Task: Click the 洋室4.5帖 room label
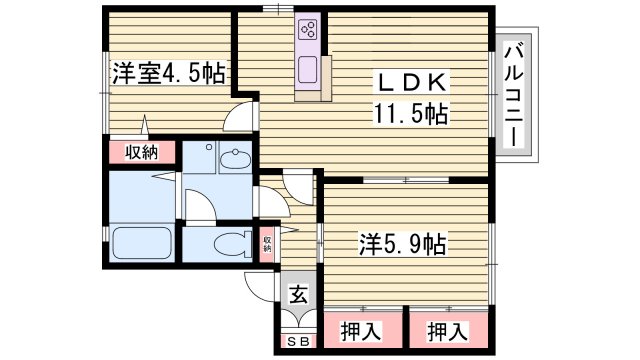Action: [x=168, y=73]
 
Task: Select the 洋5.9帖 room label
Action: [x=403, y=243]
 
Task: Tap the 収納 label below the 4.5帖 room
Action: [x=142, y=152]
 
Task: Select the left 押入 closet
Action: [x=361, y=328]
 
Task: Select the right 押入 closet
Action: [x=449, y=328]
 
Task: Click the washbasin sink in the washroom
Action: [x=237, y=160]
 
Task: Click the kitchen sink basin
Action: [x=307, y=70]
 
